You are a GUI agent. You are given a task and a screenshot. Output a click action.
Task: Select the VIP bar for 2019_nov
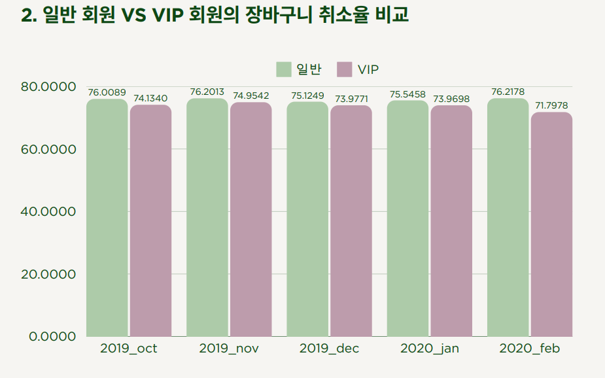tap(251, 220)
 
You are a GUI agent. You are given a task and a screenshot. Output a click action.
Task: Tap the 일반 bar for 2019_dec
tap(307, 219)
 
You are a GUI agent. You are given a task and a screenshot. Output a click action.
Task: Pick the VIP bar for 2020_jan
tap(451, 221)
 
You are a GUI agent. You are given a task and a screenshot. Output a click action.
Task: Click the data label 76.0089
tap(107, 93)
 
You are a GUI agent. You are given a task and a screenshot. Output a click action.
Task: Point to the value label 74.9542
tap(251, 96)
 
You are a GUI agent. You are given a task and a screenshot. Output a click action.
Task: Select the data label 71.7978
tap(551, 105)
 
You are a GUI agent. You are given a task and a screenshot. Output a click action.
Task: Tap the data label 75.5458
tap(408, 94)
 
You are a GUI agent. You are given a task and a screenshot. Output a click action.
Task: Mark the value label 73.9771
tap(351, 99)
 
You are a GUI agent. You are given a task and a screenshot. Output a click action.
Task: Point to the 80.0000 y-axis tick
tap(49, 87)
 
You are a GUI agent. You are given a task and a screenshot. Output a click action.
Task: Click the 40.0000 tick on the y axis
tap(49, 212)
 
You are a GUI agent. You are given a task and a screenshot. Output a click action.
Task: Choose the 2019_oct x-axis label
tap(129, 349)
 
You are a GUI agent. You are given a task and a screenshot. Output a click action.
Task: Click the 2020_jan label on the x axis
tap(429, 349)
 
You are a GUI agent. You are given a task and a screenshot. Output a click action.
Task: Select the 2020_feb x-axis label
tap(530, 349)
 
